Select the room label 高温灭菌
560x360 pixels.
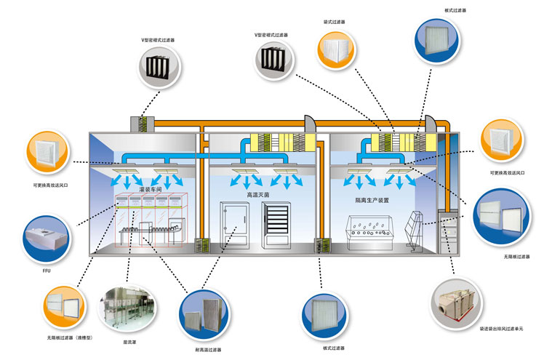click(259, 195)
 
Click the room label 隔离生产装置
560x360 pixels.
click(372, 199)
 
